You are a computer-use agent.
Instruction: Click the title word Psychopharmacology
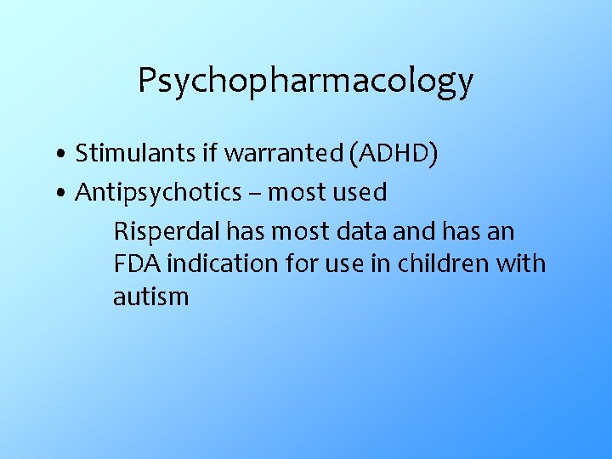[x=305, y=82]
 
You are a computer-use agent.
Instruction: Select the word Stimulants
[x=126, y=154]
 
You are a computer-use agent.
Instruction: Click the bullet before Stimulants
[x=63, y=156]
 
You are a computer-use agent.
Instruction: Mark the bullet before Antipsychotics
[x=63, y=195]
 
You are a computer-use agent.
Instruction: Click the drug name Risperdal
[x=160, y=231]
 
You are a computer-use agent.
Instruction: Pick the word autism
[x=150, y=297]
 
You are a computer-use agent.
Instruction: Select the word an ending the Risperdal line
[x=501, y=232]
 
